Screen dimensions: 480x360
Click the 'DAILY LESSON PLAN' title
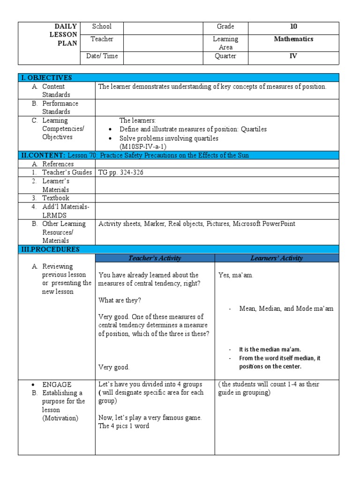[x=66, y=35]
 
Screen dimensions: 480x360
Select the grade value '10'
[x=293, y=27]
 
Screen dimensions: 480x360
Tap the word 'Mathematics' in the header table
[x=293, y=39]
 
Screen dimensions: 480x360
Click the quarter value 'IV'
[x=293, y=56]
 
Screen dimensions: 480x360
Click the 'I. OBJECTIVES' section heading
[x=45, y=78]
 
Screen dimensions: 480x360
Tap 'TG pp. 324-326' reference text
[x=121, y=172]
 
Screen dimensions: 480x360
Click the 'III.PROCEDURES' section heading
[x=49, y=249]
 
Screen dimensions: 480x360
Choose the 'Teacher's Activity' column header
[x=155, y=258]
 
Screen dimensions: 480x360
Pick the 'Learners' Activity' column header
[x=277, y=258]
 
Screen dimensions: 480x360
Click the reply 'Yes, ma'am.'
[x=236, y=275]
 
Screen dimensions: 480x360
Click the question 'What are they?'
[x=120, y=300]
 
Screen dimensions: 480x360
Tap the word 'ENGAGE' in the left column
[x=57, y=384]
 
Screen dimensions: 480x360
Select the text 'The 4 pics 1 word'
[x=124, y=426]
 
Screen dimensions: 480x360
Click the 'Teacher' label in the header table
[x=102, y=39]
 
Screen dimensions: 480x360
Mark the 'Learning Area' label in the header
[x=225, y=43]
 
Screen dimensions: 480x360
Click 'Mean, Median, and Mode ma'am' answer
[x=286, y=309]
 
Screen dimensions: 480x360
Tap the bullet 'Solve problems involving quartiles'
[x=169, y=138]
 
